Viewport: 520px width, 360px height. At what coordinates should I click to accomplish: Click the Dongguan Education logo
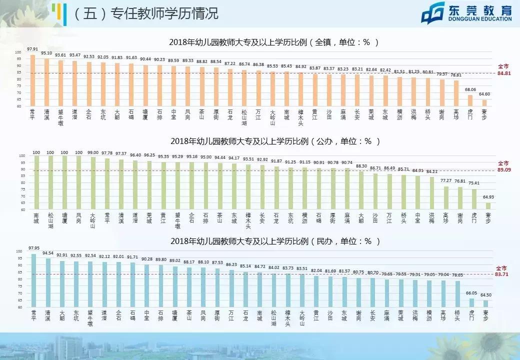466,14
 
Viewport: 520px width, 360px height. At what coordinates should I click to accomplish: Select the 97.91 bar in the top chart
33,80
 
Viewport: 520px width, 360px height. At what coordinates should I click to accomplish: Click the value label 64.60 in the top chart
484,94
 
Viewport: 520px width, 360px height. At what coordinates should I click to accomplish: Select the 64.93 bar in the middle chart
488,206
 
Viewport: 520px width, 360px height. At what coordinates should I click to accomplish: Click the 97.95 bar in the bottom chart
33,280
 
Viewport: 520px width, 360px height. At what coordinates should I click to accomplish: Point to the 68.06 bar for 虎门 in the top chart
470,100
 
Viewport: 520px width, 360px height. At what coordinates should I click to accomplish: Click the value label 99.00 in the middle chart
93,152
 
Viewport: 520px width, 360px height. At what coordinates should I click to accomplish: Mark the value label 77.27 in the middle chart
445,180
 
